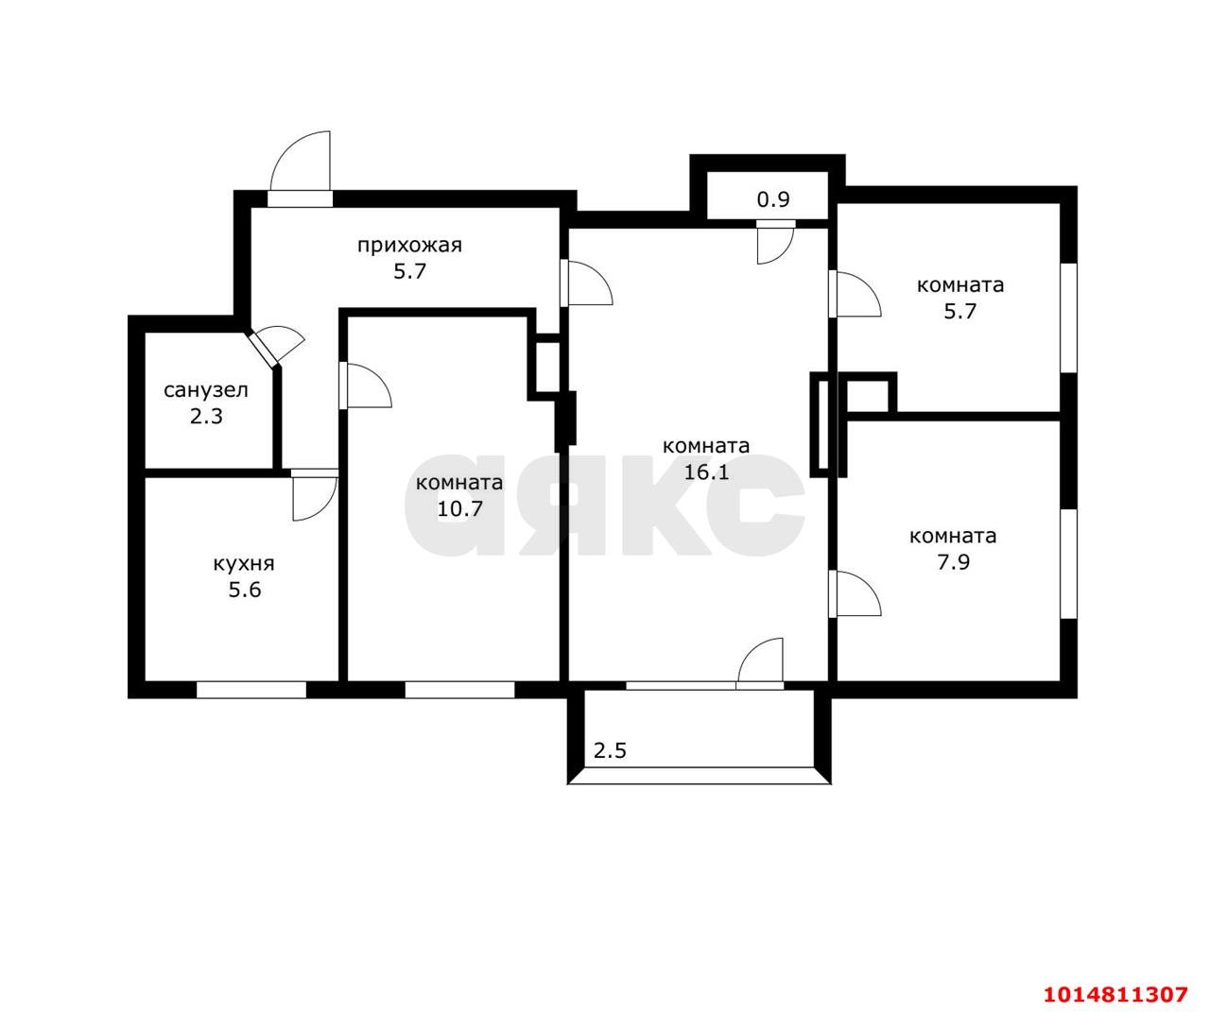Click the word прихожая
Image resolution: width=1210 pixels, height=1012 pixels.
pos(409,247)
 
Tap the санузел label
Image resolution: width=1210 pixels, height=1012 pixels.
pos(206,390)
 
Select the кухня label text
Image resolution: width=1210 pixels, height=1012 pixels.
pos(244,563)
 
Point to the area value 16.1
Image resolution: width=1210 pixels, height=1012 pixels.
pos(706,472)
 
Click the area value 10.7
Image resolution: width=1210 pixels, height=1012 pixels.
pos(459,508)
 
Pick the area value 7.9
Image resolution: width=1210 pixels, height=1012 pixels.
pos(953,562)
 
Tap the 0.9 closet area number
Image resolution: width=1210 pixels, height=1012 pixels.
pos(773,199)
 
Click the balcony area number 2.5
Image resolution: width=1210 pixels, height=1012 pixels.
pos(610,751)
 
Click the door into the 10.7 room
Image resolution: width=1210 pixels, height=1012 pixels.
pos(365,386)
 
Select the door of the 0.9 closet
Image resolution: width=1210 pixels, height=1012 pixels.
pos(775,242)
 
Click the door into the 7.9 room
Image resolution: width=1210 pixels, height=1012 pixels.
pos(855,594)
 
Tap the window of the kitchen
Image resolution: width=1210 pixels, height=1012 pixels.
pos(251,690)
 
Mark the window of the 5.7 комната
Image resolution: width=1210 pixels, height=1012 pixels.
pos(1068,318)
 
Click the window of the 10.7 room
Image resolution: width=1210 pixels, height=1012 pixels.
pos(459,690)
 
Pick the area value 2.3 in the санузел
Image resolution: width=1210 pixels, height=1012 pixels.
pos(206,416)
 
